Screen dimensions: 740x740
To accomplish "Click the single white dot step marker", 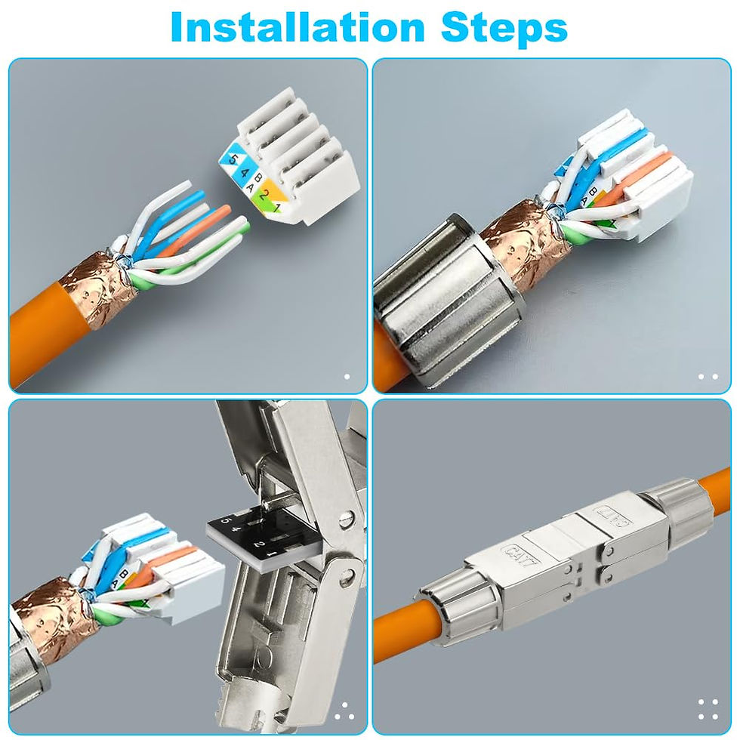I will [x=347, y=375].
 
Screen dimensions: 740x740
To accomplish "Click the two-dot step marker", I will [x=708, y=376].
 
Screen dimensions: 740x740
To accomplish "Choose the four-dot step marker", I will [x=708, y=709].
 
